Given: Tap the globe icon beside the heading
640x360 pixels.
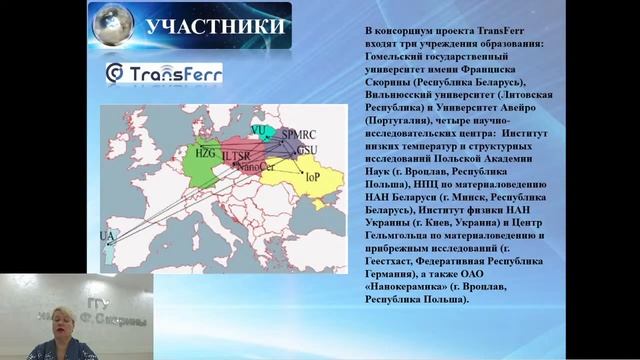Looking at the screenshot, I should click(x=111, y=25).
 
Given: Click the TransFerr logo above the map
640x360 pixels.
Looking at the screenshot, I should click(x=164, y=73).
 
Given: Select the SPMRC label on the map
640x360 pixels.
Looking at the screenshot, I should click(x=298, y=134).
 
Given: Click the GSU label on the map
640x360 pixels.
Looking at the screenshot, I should click(x=307, y=148).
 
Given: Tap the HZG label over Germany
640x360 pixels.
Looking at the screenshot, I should click(x=204, y=153).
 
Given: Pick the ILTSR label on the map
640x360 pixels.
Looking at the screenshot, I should click(x=236, y=156).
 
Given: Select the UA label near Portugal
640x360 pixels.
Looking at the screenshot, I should click(x=108, y=235).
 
